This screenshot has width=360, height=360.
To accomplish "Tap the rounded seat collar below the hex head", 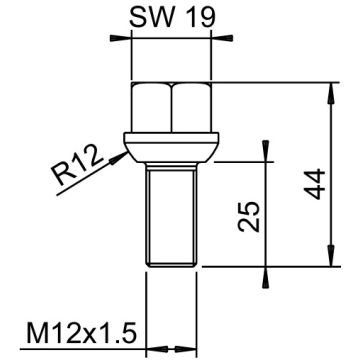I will tap(171, 145).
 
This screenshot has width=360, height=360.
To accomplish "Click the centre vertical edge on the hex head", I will tap(171, 110).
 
